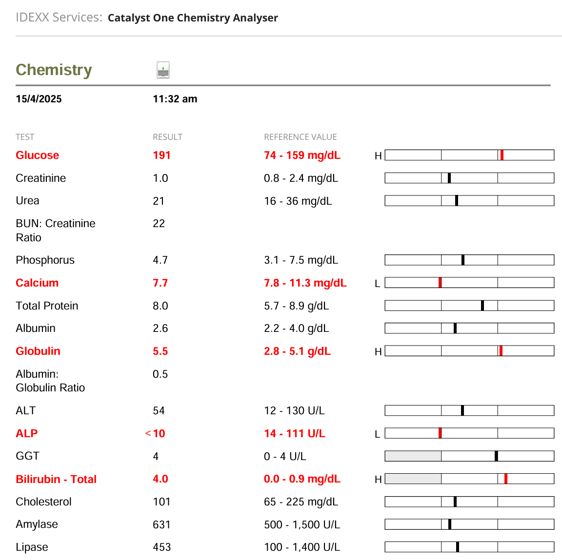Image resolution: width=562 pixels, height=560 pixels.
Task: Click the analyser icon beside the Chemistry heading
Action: click(163, 70)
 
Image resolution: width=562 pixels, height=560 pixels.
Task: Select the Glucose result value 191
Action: click(161, 155)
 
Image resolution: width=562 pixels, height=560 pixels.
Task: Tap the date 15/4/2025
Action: click(39, 99)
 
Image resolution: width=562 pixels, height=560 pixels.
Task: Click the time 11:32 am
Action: click(175, 99)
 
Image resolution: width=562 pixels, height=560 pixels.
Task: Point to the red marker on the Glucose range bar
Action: click(502, 155)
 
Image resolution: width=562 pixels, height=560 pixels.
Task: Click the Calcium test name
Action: click(37, 283)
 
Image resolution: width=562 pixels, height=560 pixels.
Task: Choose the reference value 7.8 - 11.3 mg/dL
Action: click(305, 283)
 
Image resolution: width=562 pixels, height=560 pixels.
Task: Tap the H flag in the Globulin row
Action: click(378, 352)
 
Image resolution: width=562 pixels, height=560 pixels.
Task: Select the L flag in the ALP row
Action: click(377, 434)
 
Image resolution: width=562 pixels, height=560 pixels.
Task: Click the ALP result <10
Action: click(156, 434)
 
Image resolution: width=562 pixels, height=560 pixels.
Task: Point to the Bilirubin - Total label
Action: click(56, 480)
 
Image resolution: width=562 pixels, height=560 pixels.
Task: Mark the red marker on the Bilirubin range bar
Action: click(506, 479)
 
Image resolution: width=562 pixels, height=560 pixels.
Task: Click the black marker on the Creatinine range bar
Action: click(449, 178)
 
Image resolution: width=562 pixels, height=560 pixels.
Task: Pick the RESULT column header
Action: click(167, 137)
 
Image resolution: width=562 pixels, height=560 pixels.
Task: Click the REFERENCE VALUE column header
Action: click(300, 137)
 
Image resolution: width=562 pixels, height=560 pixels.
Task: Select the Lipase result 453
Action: click(161, 547)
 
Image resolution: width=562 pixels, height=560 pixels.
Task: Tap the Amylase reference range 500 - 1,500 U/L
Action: click(301, 525)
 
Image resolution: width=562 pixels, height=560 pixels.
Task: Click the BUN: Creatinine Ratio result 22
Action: click(159, 224)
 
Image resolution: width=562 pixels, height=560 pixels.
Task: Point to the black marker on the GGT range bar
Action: click(496, 456)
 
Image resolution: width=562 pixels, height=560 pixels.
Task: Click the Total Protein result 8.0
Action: click(160, 306)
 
